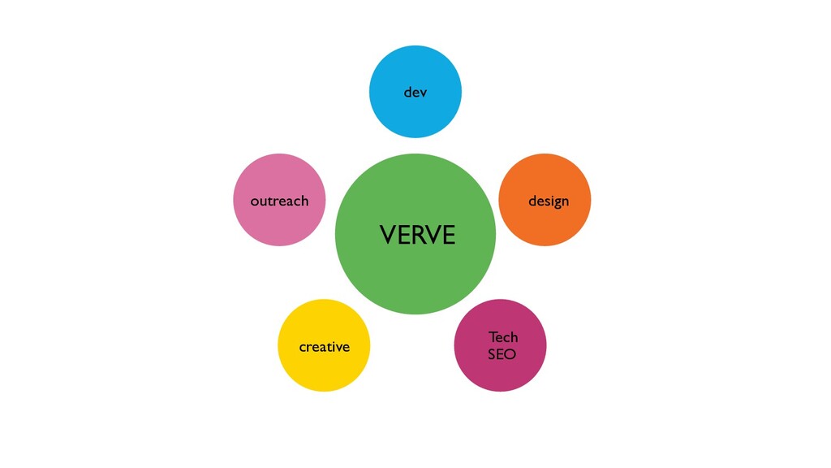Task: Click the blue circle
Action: (x=415, y=92)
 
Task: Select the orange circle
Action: (x=545, y=200)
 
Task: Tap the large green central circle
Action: (x=415, y=234)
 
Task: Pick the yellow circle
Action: (x=324, y=345)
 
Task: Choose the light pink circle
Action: (x=279, y=200)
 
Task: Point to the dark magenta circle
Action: (x=500, y=345)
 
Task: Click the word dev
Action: (x=415, y=93)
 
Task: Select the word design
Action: (x=549, y=201)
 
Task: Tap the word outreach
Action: (x=279, y=201)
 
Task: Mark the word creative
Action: (x=325, y=346)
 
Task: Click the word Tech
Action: (x=503, y=337)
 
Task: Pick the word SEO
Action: (x=502, y=354)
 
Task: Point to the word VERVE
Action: (x=418, y=235)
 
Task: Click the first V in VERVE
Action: (x=388, y=235)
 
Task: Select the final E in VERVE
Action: (x=450, y=235)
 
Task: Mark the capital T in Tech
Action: (x=493, y=337)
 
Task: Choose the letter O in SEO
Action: (x=510, y=354)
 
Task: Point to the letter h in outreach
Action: (x=305, y=201)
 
